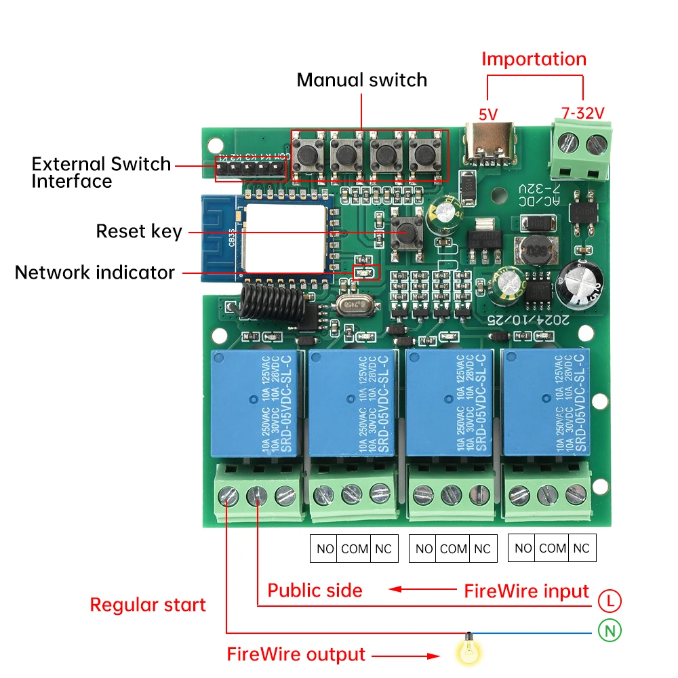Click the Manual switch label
362,80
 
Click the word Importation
534,59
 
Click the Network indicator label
95,273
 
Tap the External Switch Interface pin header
250,168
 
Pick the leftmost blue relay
254,403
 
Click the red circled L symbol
610,600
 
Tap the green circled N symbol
610,631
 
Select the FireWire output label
296,654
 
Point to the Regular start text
148,605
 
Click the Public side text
315,590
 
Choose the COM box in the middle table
453,549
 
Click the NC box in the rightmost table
581,548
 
